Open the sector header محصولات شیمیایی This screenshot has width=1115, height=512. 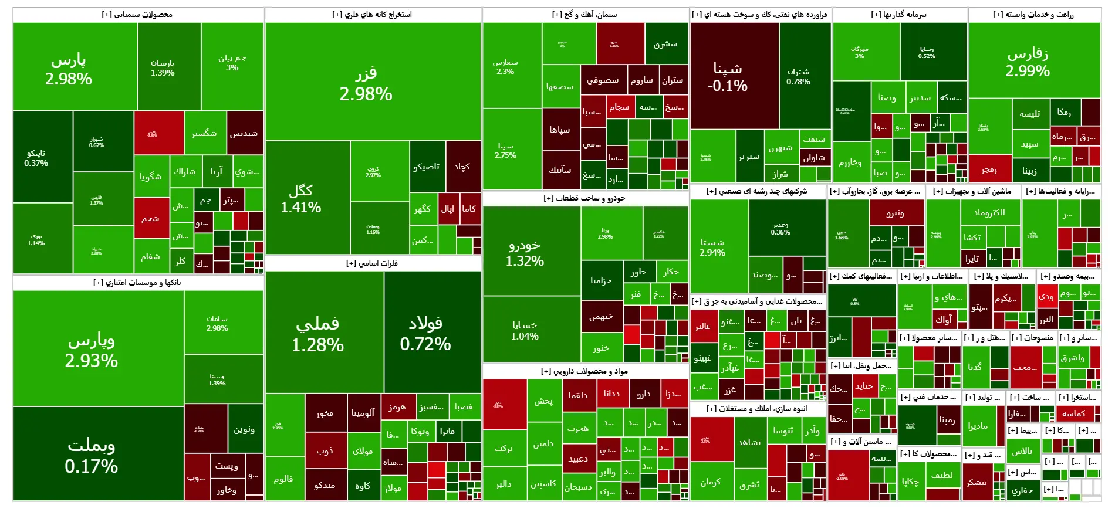click(x=137, y=15)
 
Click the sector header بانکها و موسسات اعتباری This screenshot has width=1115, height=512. click(x=137, y=283)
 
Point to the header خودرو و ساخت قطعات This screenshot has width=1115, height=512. click(x=584, y=198)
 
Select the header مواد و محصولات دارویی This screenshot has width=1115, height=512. click(x=584, y=371)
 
